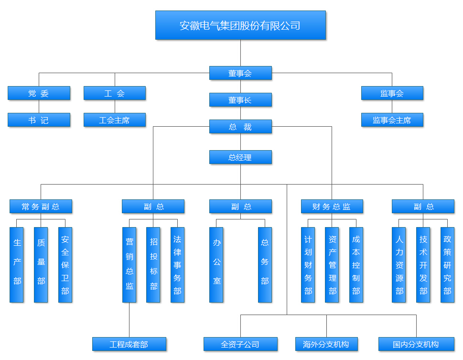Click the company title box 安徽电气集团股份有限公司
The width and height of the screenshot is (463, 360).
click(x=240, y=25)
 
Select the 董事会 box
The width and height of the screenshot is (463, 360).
click(x=240, y=73)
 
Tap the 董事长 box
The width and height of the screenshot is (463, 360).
click(x=240, y=100)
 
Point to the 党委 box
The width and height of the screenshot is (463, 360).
click(x=39, y=93)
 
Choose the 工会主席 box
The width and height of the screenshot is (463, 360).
click(x=115, y=120)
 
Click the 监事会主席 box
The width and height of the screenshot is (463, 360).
click(x=392, y=120)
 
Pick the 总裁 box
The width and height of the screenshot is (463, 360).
click(x=240, y=127)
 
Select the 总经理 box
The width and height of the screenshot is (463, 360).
click(x=240, y=157)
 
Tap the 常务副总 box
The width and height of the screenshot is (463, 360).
click(x=41, y=207)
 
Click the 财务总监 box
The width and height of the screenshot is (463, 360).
click(x=332, y=207)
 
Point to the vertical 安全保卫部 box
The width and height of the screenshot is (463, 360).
click(x=65, y=264)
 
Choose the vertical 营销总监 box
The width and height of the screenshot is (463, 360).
click(x=129, y=264)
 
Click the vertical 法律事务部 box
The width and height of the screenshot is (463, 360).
click(x=177, y=264)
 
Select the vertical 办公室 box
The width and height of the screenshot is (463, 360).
click(x=216, y=264)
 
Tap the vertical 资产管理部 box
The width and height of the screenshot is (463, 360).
click(x=332, y=264)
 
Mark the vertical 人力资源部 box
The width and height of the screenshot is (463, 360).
click(x=399, y=264)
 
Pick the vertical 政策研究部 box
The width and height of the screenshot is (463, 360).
click(x=447, y=264)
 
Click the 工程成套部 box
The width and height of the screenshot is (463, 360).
click(x=129, y=344)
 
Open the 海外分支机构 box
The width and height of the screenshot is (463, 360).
click(x=326, y=344)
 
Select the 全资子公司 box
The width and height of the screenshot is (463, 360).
click(x=240, y=344)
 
